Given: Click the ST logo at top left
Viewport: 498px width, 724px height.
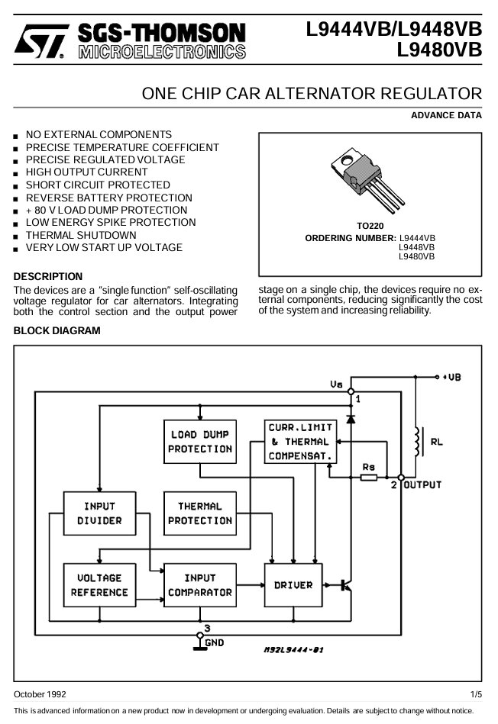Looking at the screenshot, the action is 41,41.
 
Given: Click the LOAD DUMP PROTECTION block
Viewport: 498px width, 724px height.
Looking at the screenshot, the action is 200,442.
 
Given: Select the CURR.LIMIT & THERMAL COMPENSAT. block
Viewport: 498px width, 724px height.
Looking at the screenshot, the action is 300,442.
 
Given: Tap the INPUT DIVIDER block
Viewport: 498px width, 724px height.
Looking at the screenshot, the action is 99,513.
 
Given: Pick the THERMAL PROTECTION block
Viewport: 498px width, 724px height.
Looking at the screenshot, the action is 200,513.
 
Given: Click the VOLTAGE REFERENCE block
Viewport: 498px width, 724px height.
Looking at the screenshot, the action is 99,585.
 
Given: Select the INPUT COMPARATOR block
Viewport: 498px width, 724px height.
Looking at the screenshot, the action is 200,585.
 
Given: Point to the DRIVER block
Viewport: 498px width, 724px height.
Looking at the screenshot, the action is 293,585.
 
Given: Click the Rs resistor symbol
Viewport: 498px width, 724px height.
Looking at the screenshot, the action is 368,478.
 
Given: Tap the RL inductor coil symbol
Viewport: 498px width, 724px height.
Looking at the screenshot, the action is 419,442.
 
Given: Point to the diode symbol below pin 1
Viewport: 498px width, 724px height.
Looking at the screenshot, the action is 351,419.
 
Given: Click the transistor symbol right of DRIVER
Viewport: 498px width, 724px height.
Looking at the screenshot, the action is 346,585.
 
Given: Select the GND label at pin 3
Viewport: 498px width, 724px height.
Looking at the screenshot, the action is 215,642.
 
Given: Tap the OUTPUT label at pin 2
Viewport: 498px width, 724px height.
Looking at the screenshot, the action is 422,484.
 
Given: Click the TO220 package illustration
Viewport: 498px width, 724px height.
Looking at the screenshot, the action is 367,180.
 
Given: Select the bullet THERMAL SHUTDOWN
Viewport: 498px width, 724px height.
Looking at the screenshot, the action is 81,235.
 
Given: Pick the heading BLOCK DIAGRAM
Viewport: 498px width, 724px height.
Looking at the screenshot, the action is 57,330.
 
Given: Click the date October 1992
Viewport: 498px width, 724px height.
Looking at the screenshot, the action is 40,694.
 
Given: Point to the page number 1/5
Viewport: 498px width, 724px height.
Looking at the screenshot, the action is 477,694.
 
